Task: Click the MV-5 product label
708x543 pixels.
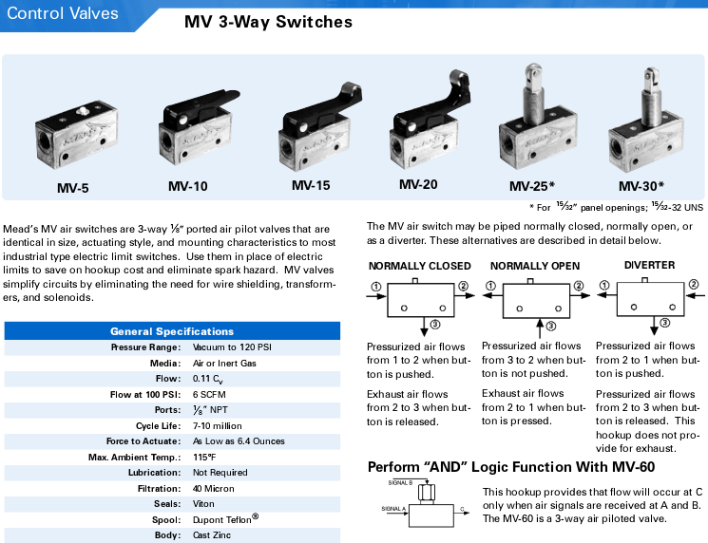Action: pyautogui.click(x=72, y=188)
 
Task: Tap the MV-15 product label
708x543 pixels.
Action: pyautogui.click(x=311, y=185)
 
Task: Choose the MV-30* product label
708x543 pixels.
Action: pyautogui.click(x=641, y=186)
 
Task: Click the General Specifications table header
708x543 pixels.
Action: pyautogui.click(x=172, y=331)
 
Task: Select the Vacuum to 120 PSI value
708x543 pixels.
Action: pyautogui.click(x=232, y=347)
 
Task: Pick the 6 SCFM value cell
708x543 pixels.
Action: pyautogui.click(x=210, y=394)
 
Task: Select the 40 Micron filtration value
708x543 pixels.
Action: pyautogui.click(x=215, y=488)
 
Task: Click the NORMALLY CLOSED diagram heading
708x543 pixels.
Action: pyautogui.click(x=418, y=266)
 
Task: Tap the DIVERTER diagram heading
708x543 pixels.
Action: pyautogui.click(x=649, y=266)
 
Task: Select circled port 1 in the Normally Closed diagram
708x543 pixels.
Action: pyautogui.click(x=376, y=287)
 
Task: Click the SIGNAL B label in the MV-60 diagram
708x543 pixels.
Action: pyautogui.click(x=401, y=482)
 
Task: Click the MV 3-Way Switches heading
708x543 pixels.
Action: pyautogui.click(x=268, y=22)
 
